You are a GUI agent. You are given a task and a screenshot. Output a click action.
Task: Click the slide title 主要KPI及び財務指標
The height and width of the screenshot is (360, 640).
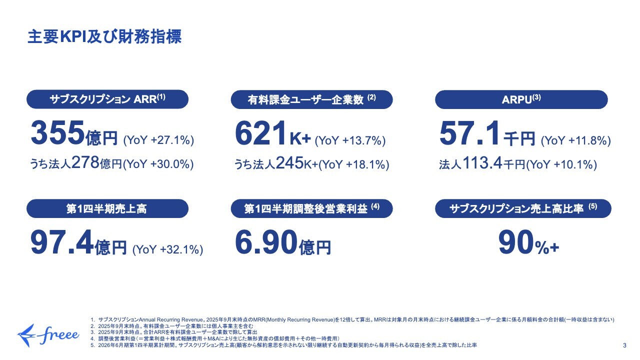pos(104,37)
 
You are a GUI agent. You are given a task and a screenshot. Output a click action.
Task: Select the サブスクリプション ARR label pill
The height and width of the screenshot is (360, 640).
pos(107,99)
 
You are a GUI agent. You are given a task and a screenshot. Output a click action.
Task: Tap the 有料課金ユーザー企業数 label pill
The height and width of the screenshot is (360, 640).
pos(311,99)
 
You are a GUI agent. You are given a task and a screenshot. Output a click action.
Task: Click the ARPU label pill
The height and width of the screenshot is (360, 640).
pos(521,99)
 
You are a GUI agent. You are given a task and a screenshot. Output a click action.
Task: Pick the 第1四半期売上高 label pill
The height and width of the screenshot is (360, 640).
pos(107,208)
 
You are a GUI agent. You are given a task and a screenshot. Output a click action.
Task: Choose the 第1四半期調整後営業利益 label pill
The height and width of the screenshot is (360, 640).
pos(311,208)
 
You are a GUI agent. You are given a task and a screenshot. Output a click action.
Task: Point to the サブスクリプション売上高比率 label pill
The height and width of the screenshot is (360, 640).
pos(521,209)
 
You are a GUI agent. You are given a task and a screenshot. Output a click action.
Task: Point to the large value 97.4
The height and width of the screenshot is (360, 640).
pos(62,242)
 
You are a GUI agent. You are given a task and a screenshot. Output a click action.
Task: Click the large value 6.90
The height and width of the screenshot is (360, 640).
pos(266,242)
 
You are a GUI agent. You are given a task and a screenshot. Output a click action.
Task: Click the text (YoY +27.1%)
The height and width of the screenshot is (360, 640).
pos(158,140)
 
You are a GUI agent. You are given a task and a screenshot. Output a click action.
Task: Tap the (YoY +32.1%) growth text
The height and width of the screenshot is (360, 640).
pos(168,249)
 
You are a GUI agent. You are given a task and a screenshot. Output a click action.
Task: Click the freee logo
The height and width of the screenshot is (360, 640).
pos(48,332)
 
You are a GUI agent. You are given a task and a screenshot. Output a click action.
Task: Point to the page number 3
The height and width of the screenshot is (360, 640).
pos(624,345)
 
